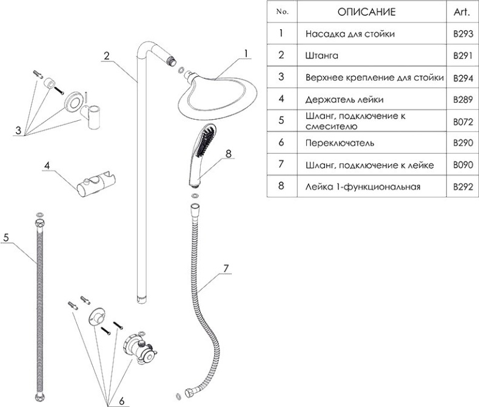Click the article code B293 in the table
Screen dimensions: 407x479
(x=462, y=34)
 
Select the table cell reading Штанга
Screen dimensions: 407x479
(x=321, y=55)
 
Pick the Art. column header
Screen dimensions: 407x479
(x=462, y=12)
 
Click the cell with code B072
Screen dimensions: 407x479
(x=462, y=121)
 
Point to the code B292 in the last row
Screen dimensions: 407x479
(x=462, y=187)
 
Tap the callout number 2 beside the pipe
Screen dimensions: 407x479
(x=106, y=56)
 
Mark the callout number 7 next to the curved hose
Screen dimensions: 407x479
(x=226, y=268)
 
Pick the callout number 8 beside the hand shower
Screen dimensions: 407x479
(x=228, y=154)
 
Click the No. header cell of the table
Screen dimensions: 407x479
(x=282, y=12)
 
